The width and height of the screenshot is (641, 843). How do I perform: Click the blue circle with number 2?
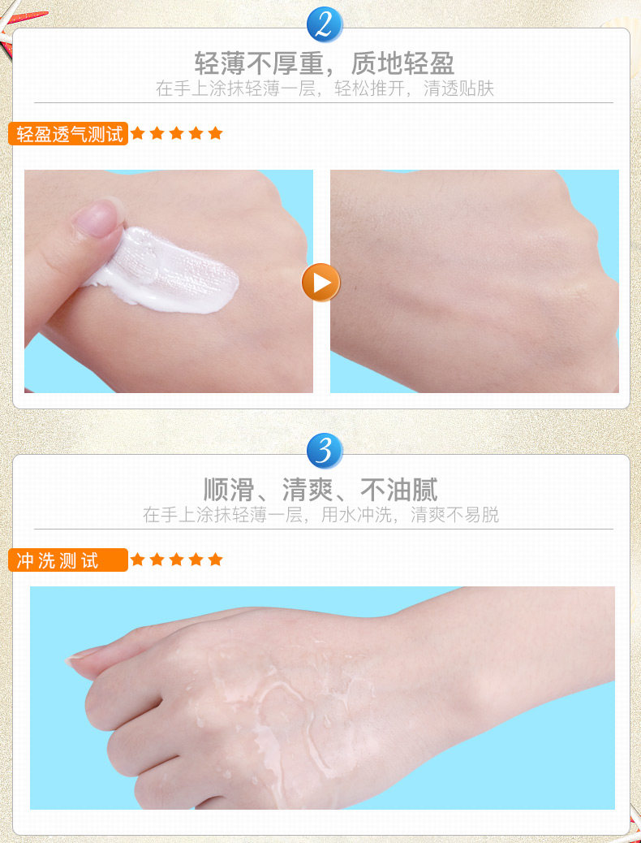point(325,24)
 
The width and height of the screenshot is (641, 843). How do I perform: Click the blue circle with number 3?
point(325,451)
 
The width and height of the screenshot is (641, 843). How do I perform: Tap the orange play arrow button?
point(320,283)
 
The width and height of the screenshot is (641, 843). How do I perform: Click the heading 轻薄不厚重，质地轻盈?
point(324,63)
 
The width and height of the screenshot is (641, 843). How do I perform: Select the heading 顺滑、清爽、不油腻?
point(320,489)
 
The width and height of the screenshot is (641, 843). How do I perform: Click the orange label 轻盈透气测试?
point(68,134)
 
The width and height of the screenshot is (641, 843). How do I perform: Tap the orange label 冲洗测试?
point(68,560)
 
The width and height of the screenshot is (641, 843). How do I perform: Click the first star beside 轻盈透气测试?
point(138,133)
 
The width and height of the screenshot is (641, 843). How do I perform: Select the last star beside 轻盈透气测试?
point(216,133)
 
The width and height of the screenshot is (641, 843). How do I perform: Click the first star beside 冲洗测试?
point(138,559)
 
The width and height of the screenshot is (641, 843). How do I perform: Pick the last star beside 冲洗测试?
point(216,559)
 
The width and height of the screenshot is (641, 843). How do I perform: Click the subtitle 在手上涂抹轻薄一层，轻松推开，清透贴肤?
point(325,89)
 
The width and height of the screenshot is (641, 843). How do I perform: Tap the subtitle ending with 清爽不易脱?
point(320,515)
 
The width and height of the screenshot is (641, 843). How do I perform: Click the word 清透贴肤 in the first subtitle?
point(458,89)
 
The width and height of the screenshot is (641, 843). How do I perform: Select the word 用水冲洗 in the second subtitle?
point(356,515)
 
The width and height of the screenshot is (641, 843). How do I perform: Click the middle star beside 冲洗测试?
point(176,559)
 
